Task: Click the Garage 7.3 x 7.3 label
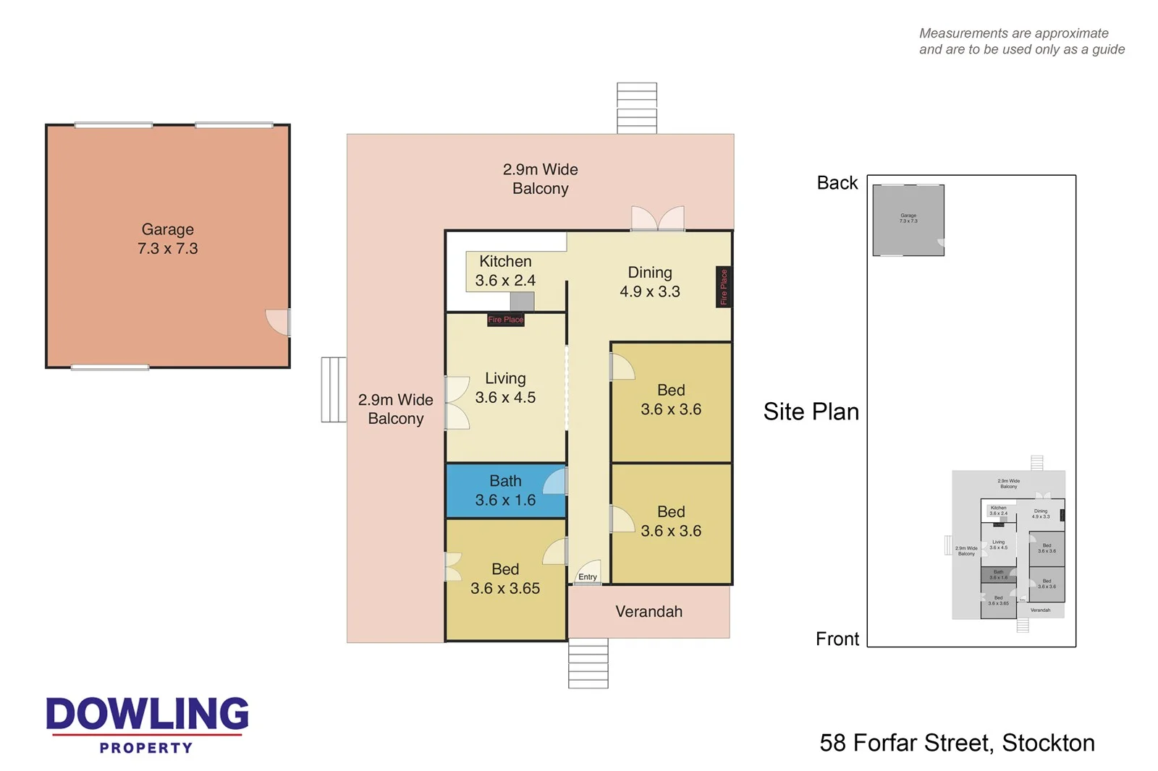tap(167, 239)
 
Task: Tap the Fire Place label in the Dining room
tap(723, 287)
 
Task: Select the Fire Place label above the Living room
tap(505, 320)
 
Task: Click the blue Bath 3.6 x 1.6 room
tap(505, 490)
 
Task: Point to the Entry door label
tap(588, 577)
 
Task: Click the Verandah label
tap(648, 612)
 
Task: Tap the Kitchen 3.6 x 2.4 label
tap(505, 271)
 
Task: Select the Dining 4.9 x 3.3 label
tap(649, 282)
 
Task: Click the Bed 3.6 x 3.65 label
tap(505, 579)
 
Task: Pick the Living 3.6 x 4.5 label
tap(505, 388)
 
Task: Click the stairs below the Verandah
tap(588, 663)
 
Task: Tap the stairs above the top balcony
tap(637, 108)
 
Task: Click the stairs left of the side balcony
tap(334, 390)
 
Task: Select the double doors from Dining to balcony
tap(657, 218)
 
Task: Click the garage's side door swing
tap(278, 322)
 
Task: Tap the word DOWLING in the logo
tap(148, 714)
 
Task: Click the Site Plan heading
tap(811, 412)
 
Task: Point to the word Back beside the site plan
tap(837, 183)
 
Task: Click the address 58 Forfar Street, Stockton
tap(957, 743)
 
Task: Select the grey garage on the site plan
tap(908, 220)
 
